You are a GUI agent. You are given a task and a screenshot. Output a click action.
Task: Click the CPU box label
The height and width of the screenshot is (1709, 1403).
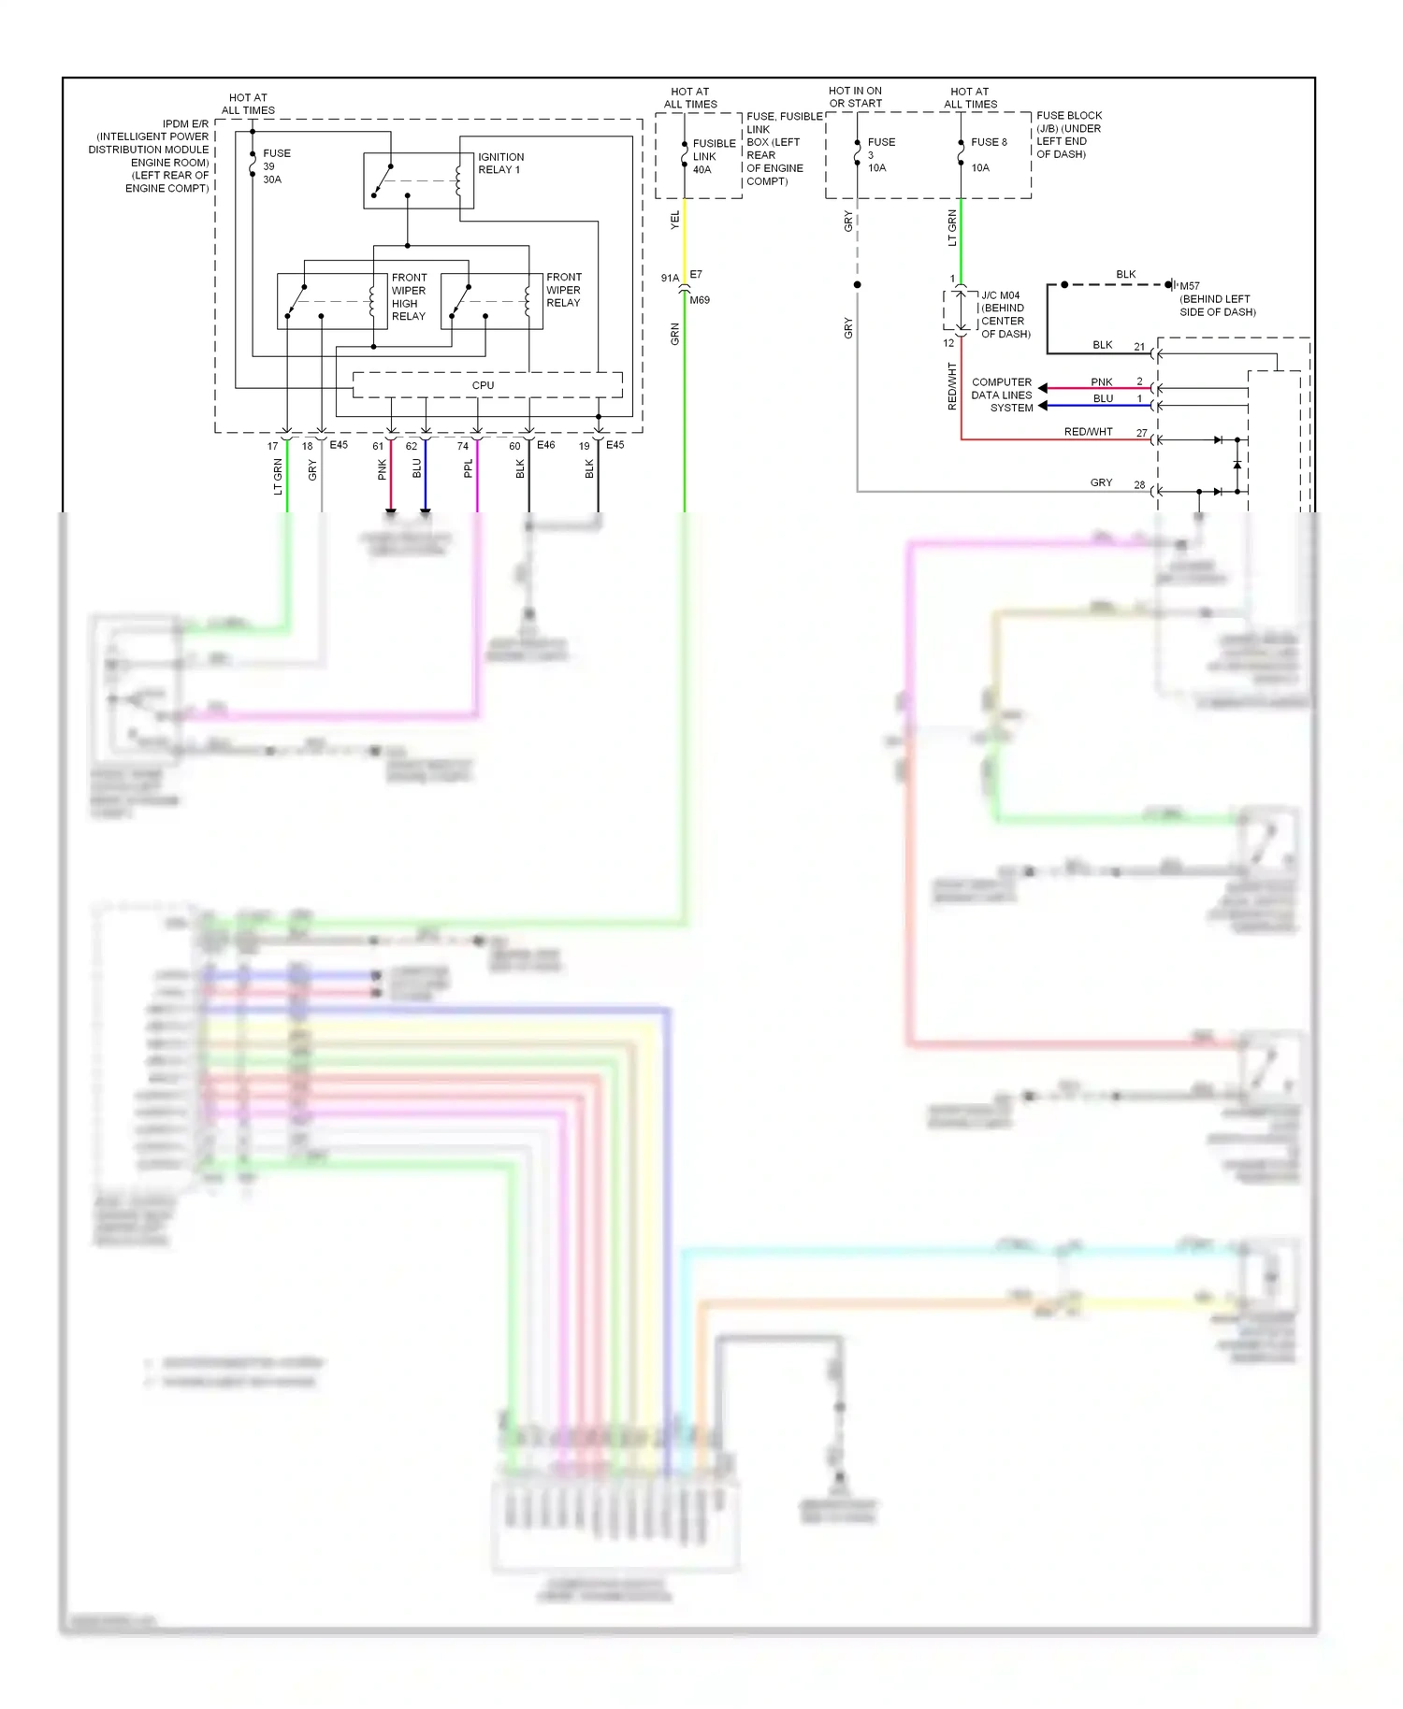click(x=483, y=385)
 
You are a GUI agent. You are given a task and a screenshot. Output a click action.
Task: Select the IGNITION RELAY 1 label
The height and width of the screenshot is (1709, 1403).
click(x=500, y=164)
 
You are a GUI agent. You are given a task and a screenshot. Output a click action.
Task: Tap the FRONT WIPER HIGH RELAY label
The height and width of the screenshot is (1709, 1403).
click(x=409, y=296)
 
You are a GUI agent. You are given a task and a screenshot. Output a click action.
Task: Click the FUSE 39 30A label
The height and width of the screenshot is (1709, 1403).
click(x=276, y=166)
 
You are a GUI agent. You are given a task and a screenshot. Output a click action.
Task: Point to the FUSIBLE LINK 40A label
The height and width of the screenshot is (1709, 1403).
click(x=713, y=156)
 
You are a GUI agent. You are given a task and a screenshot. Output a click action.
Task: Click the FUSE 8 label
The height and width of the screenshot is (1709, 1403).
click(x=989, y=142)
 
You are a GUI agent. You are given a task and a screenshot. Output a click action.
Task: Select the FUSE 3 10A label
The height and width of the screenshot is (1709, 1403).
click(x=880, y=154)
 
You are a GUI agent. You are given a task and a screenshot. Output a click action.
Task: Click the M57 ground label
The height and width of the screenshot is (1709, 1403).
click(x=1190, y=286)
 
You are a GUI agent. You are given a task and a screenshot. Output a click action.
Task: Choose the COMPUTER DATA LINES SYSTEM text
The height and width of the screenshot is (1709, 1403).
click(x=1002, y=395)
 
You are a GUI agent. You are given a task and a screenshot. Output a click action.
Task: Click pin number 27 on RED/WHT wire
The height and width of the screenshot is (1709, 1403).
click(x=1141, y=433)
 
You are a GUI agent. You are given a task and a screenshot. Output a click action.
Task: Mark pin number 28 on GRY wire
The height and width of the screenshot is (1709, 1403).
click(x=1139, y=484)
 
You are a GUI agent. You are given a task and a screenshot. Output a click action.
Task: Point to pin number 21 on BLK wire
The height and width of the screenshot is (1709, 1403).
click(x=1139, y=347)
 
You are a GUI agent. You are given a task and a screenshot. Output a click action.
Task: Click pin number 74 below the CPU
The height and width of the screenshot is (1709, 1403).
click(x=462, y=446)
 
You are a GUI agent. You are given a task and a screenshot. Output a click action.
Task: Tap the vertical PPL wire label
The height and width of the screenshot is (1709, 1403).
click(x=469, y=468)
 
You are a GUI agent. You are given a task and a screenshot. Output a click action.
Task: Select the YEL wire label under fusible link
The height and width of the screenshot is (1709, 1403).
click(x=675, y=221)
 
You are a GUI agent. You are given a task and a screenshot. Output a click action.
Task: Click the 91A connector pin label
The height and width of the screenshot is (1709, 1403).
click(x=670, y=278)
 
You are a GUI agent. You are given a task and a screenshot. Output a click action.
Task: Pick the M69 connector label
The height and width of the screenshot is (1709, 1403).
click(x=700, y=300)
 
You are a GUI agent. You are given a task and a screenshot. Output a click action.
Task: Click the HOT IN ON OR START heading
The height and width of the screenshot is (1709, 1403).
click(x=855, y=97)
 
